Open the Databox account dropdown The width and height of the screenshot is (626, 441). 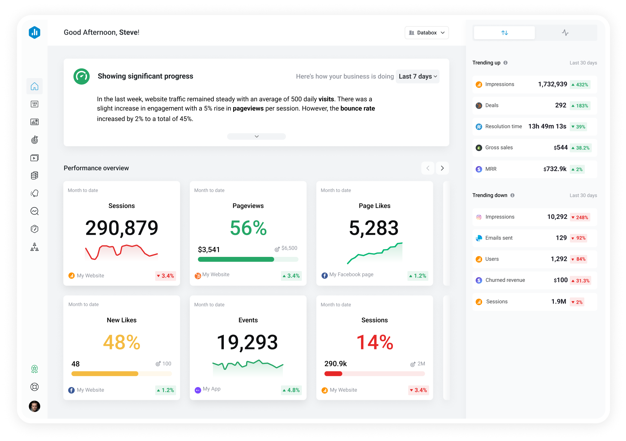click(x=427, y=33)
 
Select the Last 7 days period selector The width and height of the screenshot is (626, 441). click(x=418, y=77)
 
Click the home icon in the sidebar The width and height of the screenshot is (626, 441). click(x=35, y=86)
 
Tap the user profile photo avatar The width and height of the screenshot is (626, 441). click(x=35, y=406)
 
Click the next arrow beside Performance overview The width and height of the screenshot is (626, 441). click(x=442, y=168)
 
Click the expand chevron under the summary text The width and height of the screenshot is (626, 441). click(x=256, y=136)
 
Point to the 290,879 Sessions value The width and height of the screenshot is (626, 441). click(x=121, y=228)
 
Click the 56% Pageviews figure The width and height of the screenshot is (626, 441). click(x=248, y=228)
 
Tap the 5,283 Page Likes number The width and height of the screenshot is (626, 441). click(x=374, y=228)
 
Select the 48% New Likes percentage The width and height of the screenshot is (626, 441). click(x=121, y=342)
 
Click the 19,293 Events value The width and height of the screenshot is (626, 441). click(x=247, y=342)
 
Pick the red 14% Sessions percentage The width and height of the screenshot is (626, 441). click(x=375, y=342)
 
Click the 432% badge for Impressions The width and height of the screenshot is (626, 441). click(x=580, y=85)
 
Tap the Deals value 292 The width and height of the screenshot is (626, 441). click(x=560, y=105)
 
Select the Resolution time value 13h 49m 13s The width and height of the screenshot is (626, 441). click(x=547, y=126)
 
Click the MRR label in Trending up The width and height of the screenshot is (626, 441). click(x=491, y=169)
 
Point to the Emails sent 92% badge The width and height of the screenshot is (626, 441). click(x=578, y=238)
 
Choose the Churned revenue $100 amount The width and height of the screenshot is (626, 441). click(x=560, y=280)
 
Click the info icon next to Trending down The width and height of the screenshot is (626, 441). click(x=512, y=195)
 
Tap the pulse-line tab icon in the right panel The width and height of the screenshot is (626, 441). click(x=565, y=33)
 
